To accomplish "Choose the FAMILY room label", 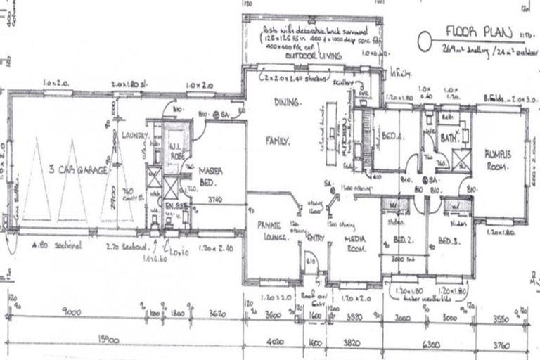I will [278, 141].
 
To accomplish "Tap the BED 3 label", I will [448, 241].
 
